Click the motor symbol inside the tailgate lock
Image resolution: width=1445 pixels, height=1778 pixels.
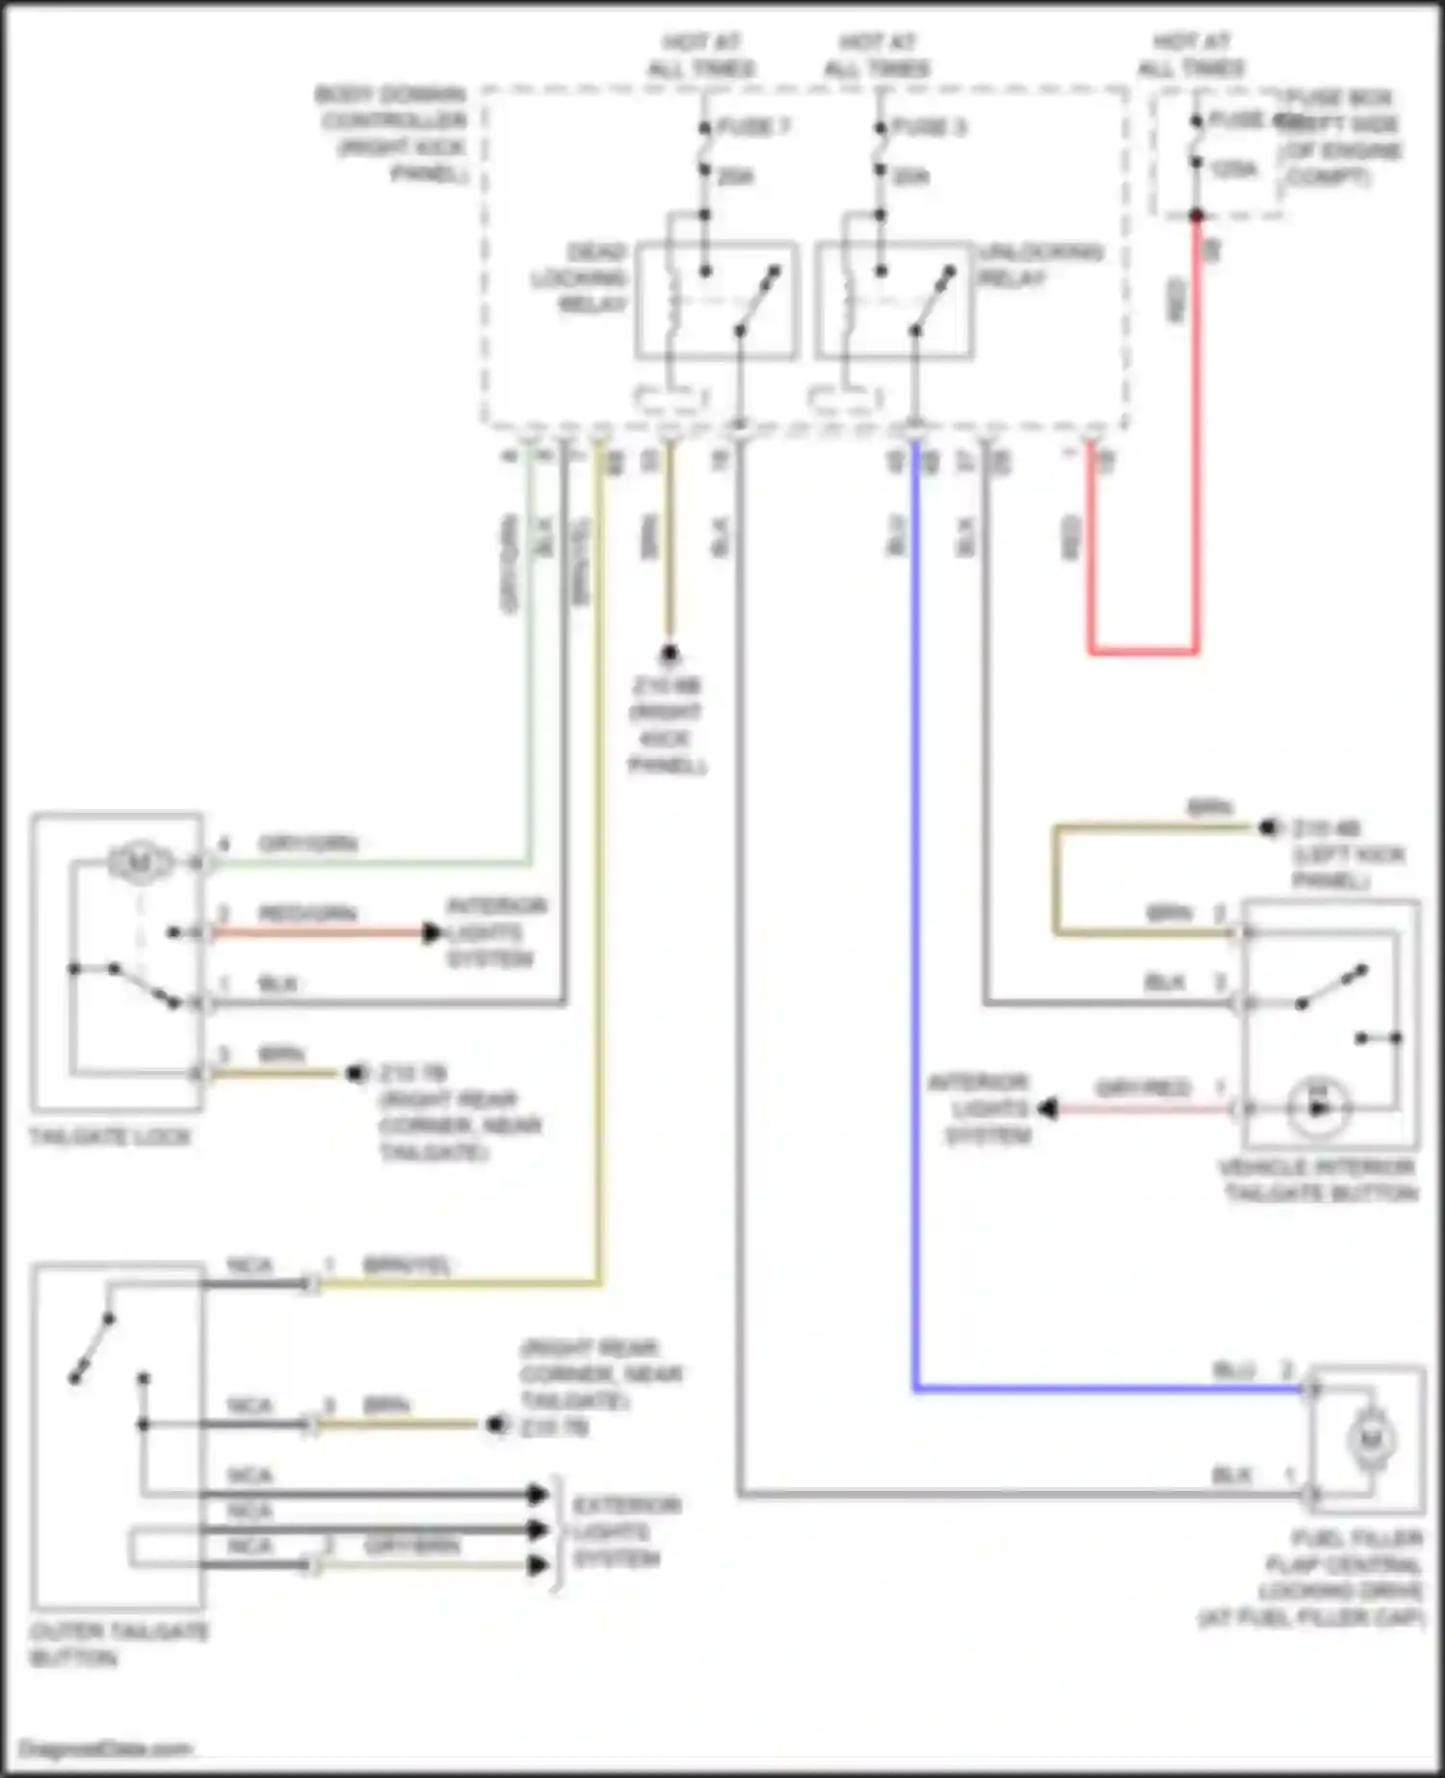click(138, 862)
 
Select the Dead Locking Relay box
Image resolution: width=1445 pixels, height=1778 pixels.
click(716, 300)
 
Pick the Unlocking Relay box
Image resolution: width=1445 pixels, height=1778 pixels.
click(894, 300)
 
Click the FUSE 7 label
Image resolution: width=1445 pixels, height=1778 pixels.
click(753, 127)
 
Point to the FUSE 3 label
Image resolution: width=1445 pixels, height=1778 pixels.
click(929, 127)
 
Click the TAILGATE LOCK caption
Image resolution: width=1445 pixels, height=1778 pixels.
click(110, 1137)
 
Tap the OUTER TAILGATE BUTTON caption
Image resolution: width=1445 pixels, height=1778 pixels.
click(118, 1644)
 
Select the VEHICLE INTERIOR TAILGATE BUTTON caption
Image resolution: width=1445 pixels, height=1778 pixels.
click(1319, 1180)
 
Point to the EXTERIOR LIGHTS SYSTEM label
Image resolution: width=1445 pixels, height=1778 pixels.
click(626, 1531)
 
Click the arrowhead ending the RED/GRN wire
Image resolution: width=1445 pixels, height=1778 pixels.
click(433, 932)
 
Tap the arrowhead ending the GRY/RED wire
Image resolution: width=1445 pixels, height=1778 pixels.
click(1048, 1110)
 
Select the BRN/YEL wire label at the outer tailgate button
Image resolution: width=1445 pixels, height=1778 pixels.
click(406, 1265)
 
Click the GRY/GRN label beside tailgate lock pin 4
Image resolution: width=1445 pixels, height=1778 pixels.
click(307, 845)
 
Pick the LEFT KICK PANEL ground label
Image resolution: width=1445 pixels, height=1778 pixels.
click(1347, 854)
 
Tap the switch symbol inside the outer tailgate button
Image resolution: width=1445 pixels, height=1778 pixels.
click(92, 1348)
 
